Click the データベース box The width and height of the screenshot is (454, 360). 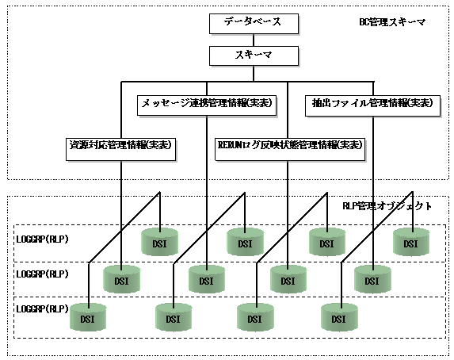(254, 24)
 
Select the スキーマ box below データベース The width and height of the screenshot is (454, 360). (254, 56)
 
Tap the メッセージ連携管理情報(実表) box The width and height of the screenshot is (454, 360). (207, 105)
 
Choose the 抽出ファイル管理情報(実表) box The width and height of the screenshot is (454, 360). (373, 105)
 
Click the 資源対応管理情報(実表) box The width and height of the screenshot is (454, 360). (121, 149)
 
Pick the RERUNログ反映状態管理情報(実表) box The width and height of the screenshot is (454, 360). (290, 149)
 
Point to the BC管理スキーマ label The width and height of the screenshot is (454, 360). (393, 22)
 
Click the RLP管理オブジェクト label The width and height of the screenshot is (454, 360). (387, 206)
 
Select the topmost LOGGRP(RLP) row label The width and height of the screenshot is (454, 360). (42, 239)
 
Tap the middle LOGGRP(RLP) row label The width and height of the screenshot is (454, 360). (42, 274)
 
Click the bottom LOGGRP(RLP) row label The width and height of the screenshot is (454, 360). (42, 309)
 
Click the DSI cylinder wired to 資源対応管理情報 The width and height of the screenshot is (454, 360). (121, 279)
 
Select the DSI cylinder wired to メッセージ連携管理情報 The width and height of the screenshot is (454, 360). (207, 279)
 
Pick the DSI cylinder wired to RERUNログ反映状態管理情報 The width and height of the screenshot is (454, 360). (288, 279)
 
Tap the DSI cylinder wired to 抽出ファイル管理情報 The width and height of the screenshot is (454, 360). (372, 279)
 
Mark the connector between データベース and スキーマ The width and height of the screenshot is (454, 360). (254, 40)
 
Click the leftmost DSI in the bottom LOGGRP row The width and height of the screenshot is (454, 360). (88, 317)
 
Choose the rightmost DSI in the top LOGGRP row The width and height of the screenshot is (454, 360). (411, 241)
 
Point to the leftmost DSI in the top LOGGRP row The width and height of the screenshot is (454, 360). (159, 241)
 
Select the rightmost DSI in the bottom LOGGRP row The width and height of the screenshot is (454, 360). (339, 317)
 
